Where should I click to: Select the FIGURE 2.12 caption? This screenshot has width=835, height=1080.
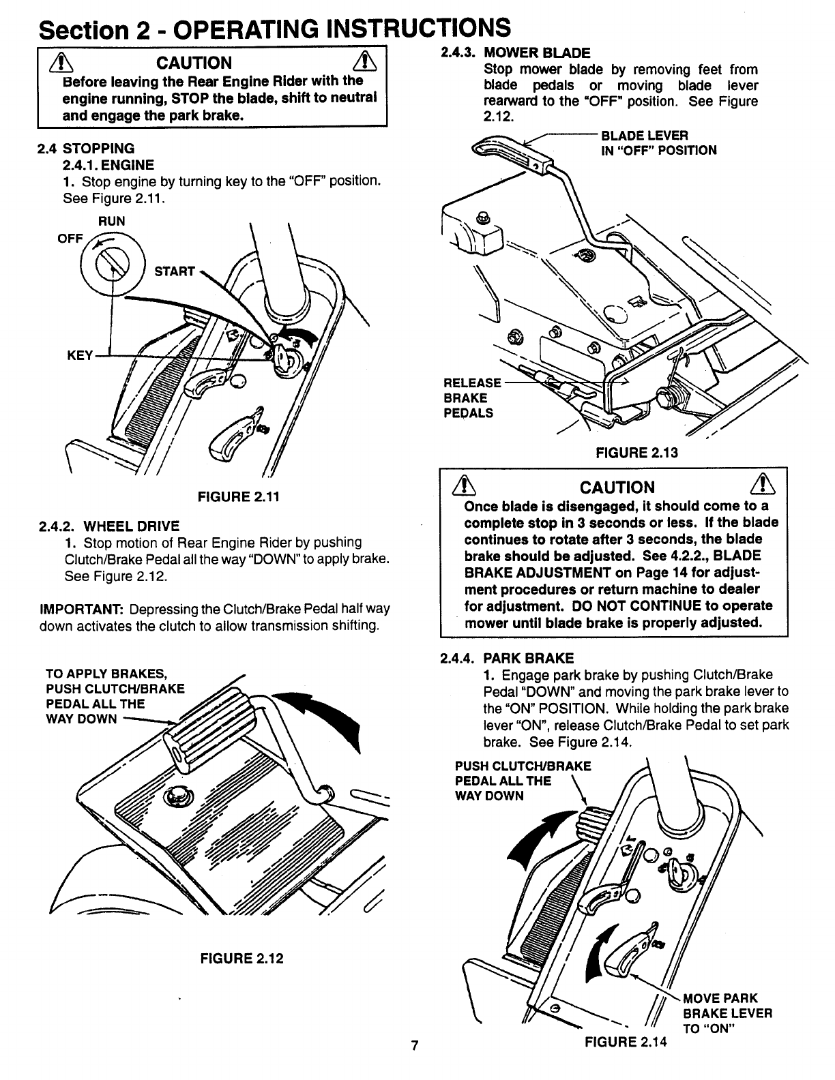coord(241,958)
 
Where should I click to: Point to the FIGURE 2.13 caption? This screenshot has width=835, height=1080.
coord(636,453)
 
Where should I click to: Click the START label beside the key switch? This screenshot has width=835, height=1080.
coord(175,271)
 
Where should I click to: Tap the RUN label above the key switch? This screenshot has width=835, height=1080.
coord(112,222)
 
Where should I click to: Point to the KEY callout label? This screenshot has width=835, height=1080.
coord(79,356)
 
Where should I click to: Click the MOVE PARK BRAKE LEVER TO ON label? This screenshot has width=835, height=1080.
coord(727,1014)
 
